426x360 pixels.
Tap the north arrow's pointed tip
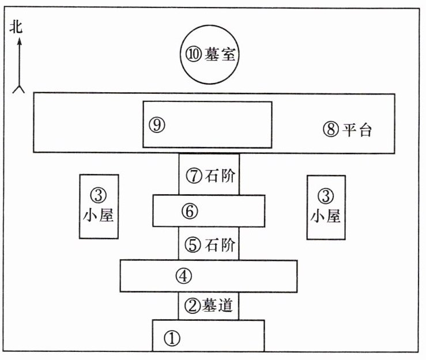click(19, 39)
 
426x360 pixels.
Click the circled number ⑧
click(330, 130)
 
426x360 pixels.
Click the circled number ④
click(183, 276)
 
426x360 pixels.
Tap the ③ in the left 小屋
click(99, 194)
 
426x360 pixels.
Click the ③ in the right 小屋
click(326, 194)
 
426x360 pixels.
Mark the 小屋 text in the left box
click(99, 215)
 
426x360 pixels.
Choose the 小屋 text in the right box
click(326, 215)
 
